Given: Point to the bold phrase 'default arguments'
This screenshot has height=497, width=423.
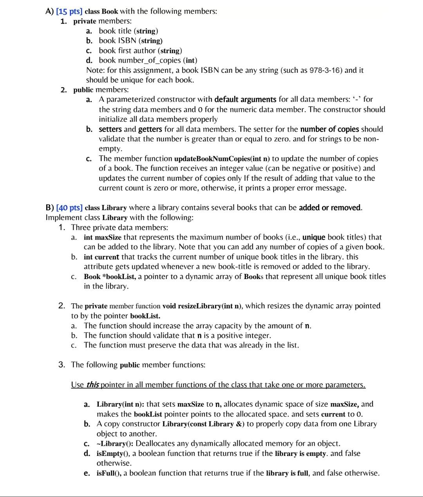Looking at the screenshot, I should coord(245,99).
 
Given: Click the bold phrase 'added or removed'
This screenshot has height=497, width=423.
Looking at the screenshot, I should coord(330,208).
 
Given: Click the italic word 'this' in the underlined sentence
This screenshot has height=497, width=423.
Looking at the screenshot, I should coord(92,385).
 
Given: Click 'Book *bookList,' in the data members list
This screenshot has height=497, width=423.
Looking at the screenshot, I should coord(110,277).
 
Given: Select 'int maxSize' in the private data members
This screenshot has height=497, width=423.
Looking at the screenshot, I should coord(103,238).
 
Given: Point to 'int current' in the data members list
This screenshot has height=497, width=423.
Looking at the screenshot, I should coord(101,257).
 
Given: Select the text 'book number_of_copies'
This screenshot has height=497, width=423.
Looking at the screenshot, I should coord(140,60).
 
